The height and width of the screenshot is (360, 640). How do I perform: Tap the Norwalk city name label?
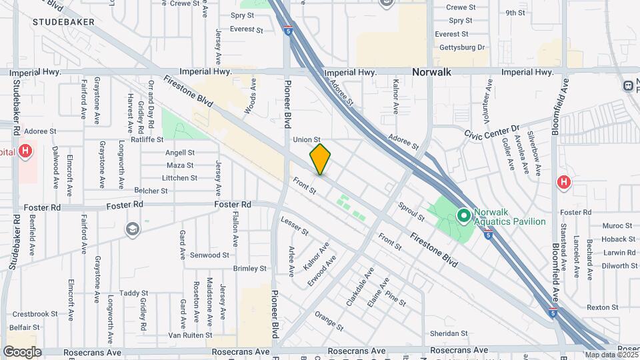point(431,71)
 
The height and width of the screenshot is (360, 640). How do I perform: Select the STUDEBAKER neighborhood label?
point(62,22)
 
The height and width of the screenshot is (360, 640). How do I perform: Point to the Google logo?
point(22,351)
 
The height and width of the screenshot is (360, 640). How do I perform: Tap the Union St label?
point(307,139)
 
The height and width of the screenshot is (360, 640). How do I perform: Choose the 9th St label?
point(515,13)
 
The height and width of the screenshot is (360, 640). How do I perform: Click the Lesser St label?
point(294,227)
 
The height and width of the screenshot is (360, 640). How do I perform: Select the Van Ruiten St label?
point(190,335)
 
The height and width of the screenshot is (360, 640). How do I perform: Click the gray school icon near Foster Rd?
point(133,229)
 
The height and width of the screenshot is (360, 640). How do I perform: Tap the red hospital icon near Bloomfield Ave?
point(563,181)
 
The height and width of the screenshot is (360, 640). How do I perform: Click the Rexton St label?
point(603,307)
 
